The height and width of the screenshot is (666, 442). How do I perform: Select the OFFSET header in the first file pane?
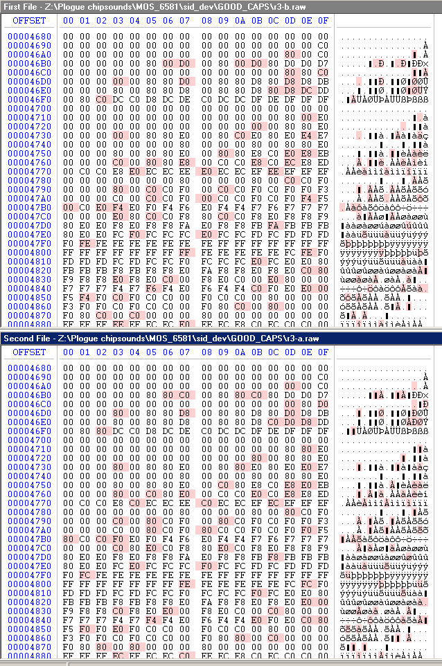pos(28,21)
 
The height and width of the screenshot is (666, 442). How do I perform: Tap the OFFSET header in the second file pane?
pos(28,352)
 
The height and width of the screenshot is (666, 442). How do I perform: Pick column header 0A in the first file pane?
pos(240,21)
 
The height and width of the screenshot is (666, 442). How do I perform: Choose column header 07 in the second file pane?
pos(184,352)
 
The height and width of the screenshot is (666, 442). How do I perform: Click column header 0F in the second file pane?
pos(323,352)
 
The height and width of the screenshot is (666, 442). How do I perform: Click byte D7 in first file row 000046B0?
pos(323,64)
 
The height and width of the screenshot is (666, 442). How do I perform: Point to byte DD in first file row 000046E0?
pos(323,91)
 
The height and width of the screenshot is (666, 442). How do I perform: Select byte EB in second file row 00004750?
pos(323,484)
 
